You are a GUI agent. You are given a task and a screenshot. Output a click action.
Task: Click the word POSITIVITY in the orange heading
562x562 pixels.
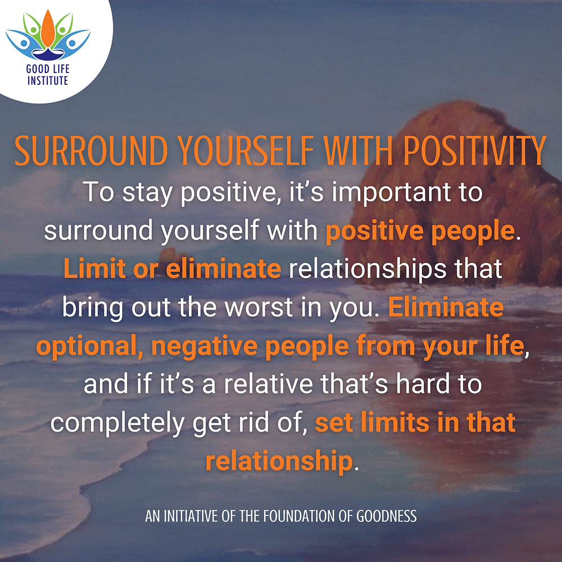coord(474,151)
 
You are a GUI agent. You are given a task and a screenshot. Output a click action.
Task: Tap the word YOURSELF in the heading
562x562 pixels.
coord(246,151)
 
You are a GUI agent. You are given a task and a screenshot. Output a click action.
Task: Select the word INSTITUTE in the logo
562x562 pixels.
coord(48,80)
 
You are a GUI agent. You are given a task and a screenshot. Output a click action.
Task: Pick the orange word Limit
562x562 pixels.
coord(94,269)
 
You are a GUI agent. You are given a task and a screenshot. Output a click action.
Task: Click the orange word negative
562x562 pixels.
coord(205,347)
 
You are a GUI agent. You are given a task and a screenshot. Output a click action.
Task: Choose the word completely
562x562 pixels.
coord(118,424)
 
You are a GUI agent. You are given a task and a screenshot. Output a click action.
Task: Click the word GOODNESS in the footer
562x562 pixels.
coord(387,516)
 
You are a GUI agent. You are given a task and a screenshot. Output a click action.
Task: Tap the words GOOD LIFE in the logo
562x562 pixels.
coord(48,69)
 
